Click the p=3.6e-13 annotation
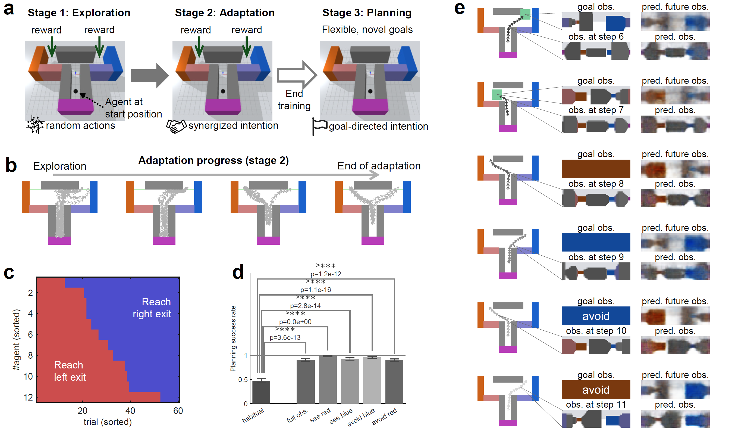(285, 337)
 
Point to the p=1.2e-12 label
(326, 274)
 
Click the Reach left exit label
(70, 371)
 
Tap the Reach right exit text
(152, 308)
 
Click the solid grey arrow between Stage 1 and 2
(149, 76)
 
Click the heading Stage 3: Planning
(367, 13)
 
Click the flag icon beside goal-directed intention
(319, 126)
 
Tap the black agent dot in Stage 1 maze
(76, 91)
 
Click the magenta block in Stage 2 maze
(223, 106)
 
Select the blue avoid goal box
(596, 316)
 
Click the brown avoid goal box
(596, 389)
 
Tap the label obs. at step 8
(596, 184)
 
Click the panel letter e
(459, 9)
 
